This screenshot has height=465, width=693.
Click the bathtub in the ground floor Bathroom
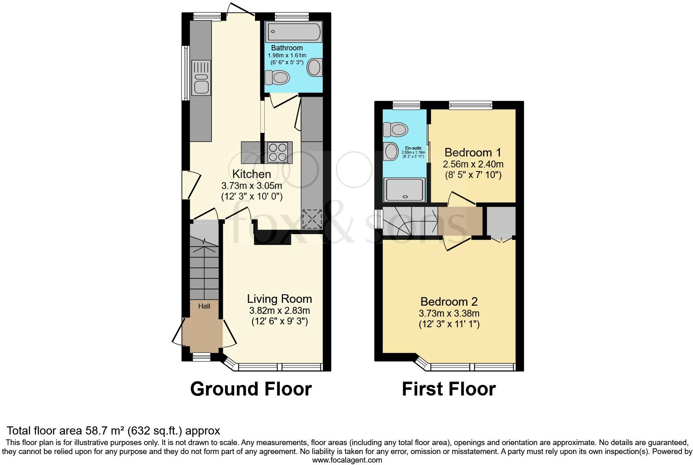point(294,32)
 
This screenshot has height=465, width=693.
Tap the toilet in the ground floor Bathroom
point(277,77)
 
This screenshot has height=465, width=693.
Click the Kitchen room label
point(251,174)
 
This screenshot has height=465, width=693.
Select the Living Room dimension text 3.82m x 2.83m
point(279,311)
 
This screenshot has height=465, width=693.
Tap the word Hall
point(204,306)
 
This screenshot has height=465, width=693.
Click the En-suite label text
point(413,148)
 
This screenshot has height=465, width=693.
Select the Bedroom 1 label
point(473,152)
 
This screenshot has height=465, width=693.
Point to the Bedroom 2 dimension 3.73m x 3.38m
point(449,313)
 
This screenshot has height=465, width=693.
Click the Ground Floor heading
point(251,389)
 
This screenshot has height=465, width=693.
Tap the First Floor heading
point(449,389)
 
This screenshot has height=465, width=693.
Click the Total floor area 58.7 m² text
point(113,430)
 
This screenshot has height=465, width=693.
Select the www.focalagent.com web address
point(347,460)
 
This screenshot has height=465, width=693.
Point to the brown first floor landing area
point(460,221)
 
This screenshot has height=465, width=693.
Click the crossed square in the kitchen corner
point(312,219)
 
